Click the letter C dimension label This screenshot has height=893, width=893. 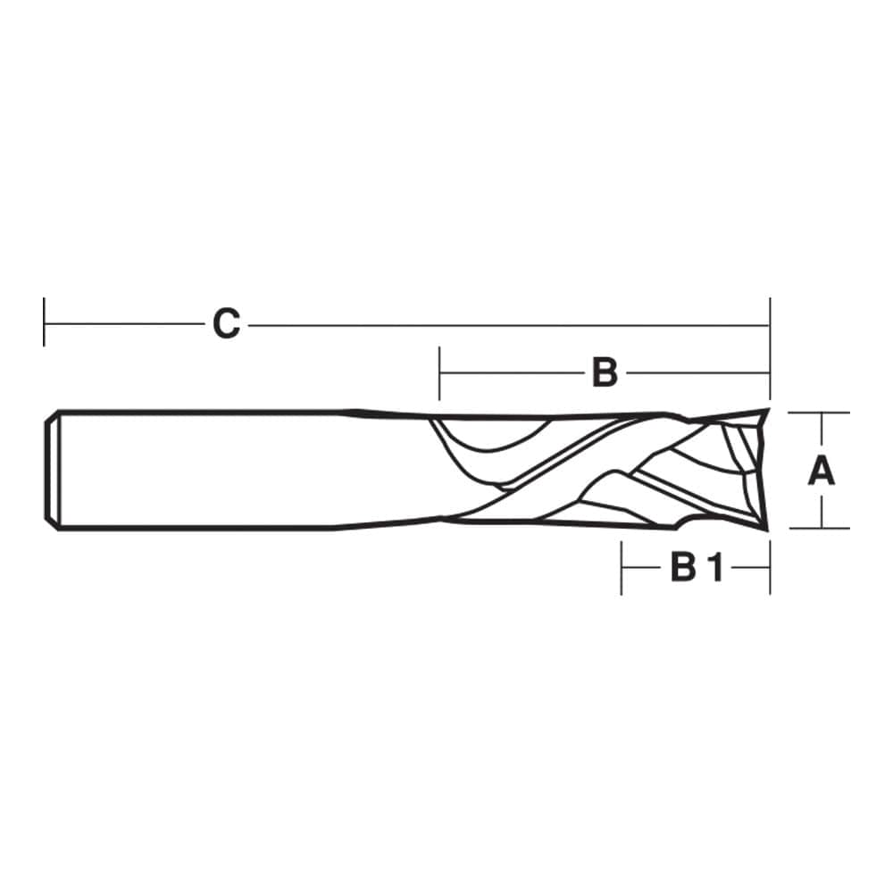226,324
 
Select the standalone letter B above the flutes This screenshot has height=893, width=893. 605,372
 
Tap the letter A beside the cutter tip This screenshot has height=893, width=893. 822,471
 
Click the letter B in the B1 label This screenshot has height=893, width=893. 684,567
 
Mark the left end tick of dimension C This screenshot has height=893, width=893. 44,321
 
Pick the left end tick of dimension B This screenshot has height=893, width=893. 439,373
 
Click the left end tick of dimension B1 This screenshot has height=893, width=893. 622,568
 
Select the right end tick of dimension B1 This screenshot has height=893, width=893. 770,568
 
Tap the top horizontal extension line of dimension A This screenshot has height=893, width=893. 819,413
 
